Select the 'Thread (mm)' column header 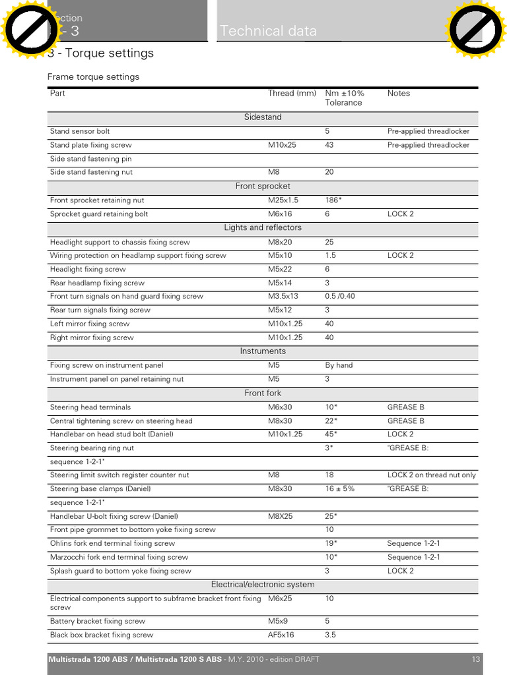pos(292,94)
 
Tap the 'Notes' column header pos(399,94)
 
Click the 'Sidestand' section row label pos(263,117)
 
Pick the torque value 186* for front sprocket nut pos(333,200)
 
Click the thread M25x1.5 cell pos(283,200)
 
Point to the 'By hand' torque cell pos(339,365)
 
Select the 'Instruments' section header pos(263,351)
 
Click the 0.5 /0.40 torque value pos(340,297)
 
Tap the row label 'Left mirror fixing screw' pos(90,324)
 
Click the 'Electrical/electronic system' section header pos(263,585)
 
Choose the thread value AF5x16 pos(281,635)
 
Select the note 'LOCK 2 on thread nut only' pos(431,475)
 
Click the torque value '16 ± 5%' pos(339,489)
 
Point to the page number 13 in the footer pos(475,660)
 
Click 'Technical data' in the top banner pos(268,31)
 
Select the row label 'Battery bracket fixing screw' pos(98,622)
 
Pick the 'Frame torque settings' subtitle pos(93,77)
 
